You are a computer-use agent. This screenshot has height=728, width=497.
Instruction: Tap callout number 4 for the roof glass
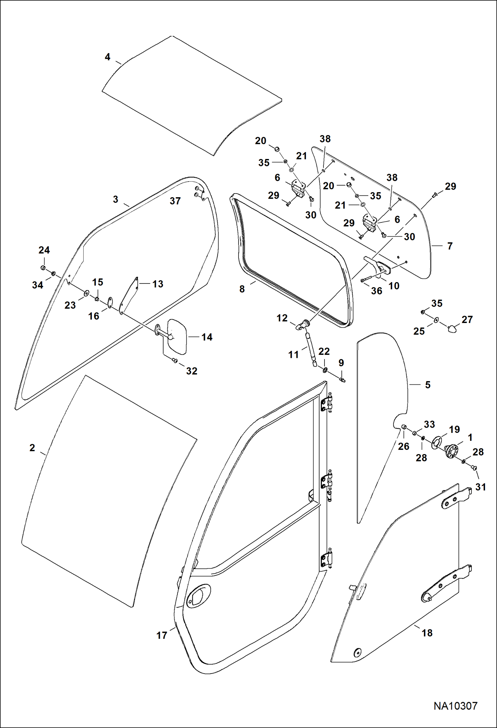[x=107, y=57]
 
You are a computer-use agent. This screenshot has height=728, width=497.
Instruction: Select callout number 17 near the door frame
[x=162, y=635]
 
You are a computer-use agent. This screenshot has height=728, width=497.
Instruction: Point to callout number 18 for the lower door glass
[x=427, y=633]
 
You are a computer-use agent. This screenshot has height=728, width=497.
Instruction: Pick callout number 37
[x=175, y=201]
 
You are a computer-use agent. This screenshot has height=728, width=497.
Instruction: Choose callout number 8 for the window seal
[x=242, y=289]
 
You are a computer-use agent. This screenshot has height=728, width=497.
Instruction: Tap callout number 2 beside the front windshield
[x=32, y=448]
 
